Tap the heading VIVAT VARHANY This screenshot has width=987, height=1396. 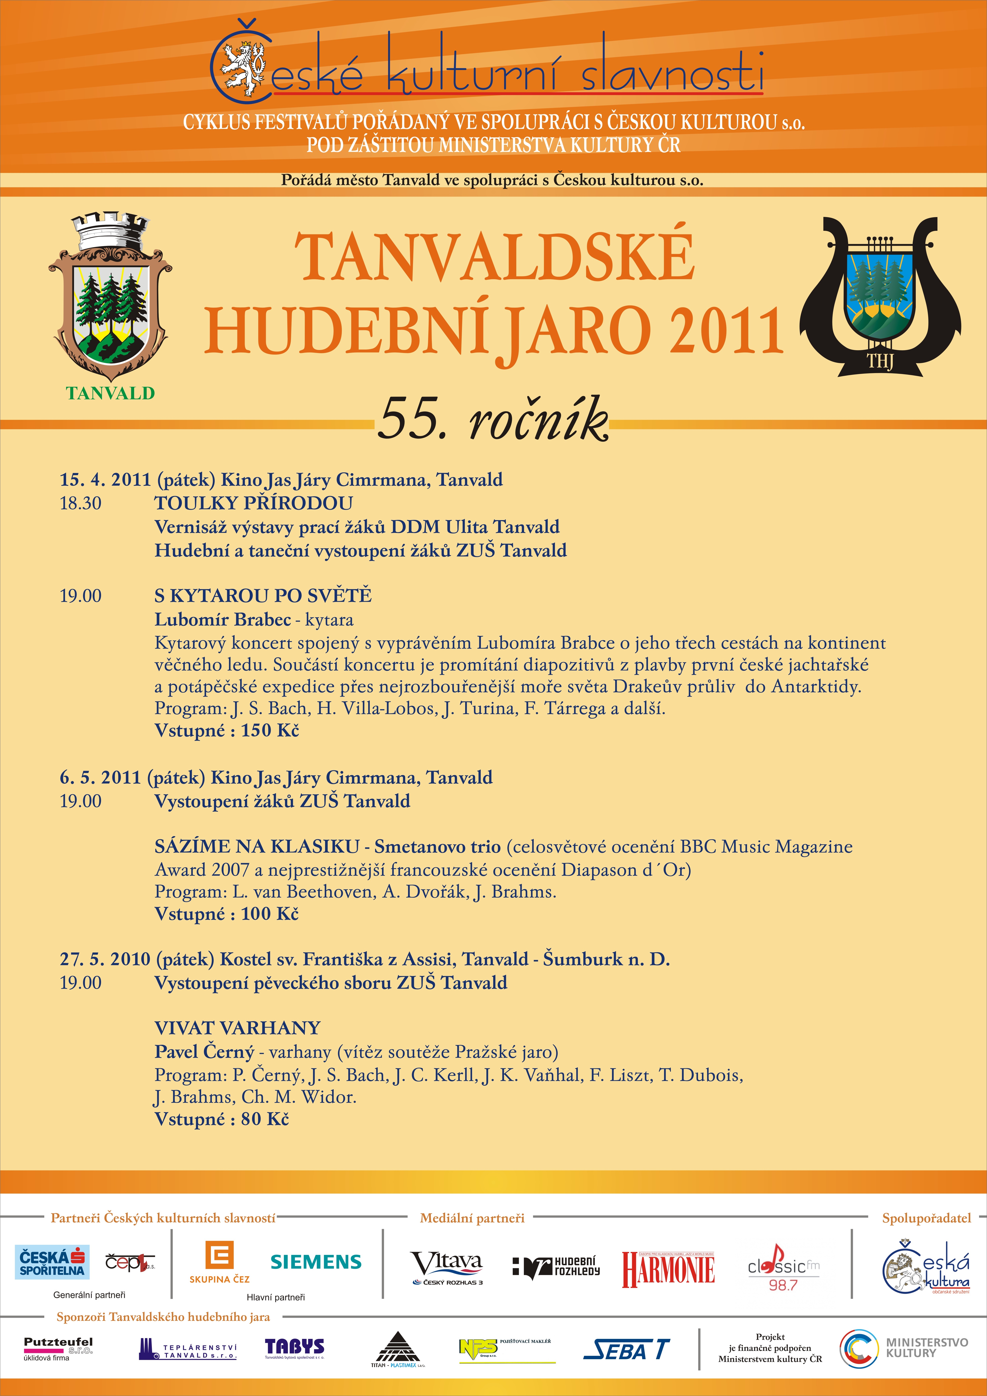tap(237, 1028)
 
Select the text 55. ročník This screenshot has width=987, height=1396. tap(493, 419)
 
